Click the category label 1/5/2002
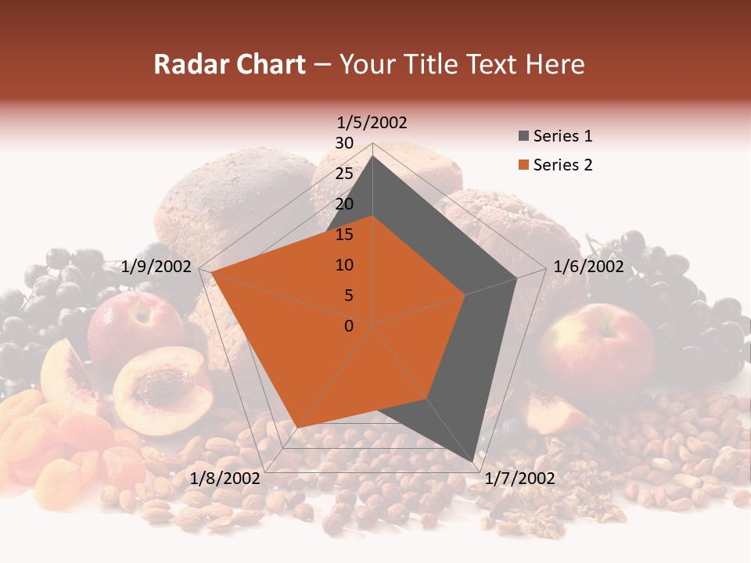[x=372, y=122]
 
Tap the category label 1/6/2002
[x=588, y=267]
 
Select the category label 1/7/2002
[x=519, y=479]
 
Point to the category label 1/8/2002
[x=225, y=479]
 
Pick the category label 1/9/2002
[x=156, y=267]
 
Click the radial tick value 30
[x=344, y=143]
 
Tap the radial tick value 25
[x=344, y=174]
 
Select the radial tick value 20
[x=344, y=204]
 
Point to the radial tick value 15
[x=344, y=235]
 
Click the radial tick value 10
[x=344, y=265]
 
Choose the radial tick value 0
[x=349, y=326]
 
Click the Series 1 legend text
[x=562, y=136]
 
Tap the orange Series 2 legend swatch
[x=523, y=165]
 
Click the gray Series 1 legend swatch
[x=523, y=137]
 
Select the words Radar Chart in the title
[x=229, y=64]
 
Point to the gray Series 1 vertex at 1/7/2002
[x=473, y=462]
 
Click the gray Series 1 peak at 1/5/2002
[x=372, y=156]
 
